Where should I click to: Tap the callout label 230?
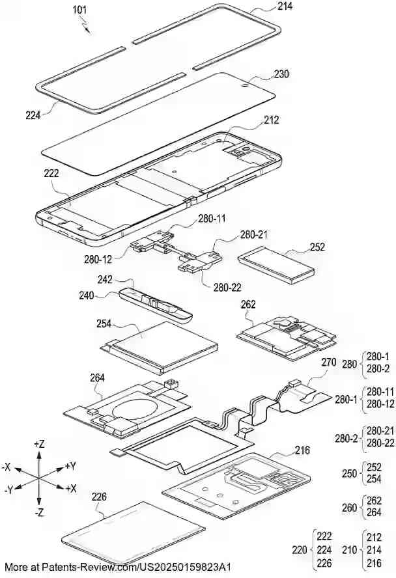pyautogui.click(x=281, y=74)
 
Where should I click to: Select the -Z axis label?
pyautogui.click(x=40, y=513)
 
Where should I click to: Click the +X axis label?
pyautogui.click(x=71, y=488)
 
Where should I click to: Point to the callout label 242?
pyautogui.click(x=105, y=280)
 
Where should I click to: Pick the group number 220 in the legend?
pyautogui.click(x=300, y=550)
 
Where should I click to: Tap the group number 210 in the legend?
pyautogui.click(x=349, y=550)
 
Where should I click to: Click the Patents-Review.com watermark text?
pyautogui.click(x=117, y=568)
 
